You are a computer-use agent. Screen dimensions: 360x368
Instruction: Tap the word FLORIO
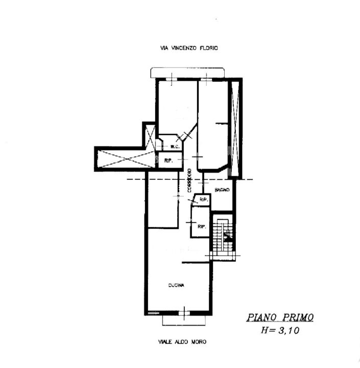[x=209, y=48]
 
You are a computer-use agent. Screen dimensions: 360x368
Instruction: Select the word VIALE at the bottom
[x=165, y=342]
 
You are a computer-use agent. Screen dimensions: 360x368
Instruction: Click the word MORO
[x=199, y=342]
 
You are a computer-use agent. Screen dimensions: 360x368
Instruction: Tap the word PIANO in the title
[x=262, y=317]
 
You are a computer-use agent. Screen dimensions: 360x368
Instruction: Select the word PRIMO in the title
[x=298, y=317]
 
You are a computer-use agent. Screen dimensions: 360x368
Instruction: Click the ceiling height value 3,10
[x=289, y=331]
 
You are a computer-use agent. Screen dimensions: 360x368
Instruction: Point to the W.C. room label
[x=175, y=147]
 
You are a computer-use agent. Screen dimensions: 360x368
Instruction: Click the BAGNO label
[x=222, y=190]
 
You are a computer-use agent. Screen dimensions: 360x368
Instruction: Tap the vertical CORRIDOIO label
[x=189, y=181]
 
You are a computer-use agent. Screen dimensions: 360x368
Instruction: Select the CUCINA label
[x=176, y=285]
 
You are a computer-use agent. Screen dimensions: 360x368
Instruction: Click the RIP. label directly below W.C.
[x=169, y=161]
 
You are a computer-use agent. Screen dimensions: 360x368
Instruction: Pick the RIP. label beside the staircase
[x=202, y=227]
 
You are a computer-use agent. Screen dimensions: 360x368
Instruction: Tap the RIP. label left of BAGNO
[x=204, y=200]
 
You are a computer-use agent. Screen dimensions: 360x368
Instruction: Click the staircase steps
[x=223, y=240]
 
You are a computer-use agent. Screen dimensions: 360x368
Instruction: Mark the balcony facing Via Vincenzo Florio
[x=187, y=73]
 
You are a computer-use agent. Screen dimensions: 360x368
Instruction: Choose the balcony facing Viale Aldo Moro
[x=184, y=320]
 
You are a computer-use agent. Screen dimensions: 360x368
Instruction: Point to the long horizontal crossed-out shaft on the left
[x=126, y=159]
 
